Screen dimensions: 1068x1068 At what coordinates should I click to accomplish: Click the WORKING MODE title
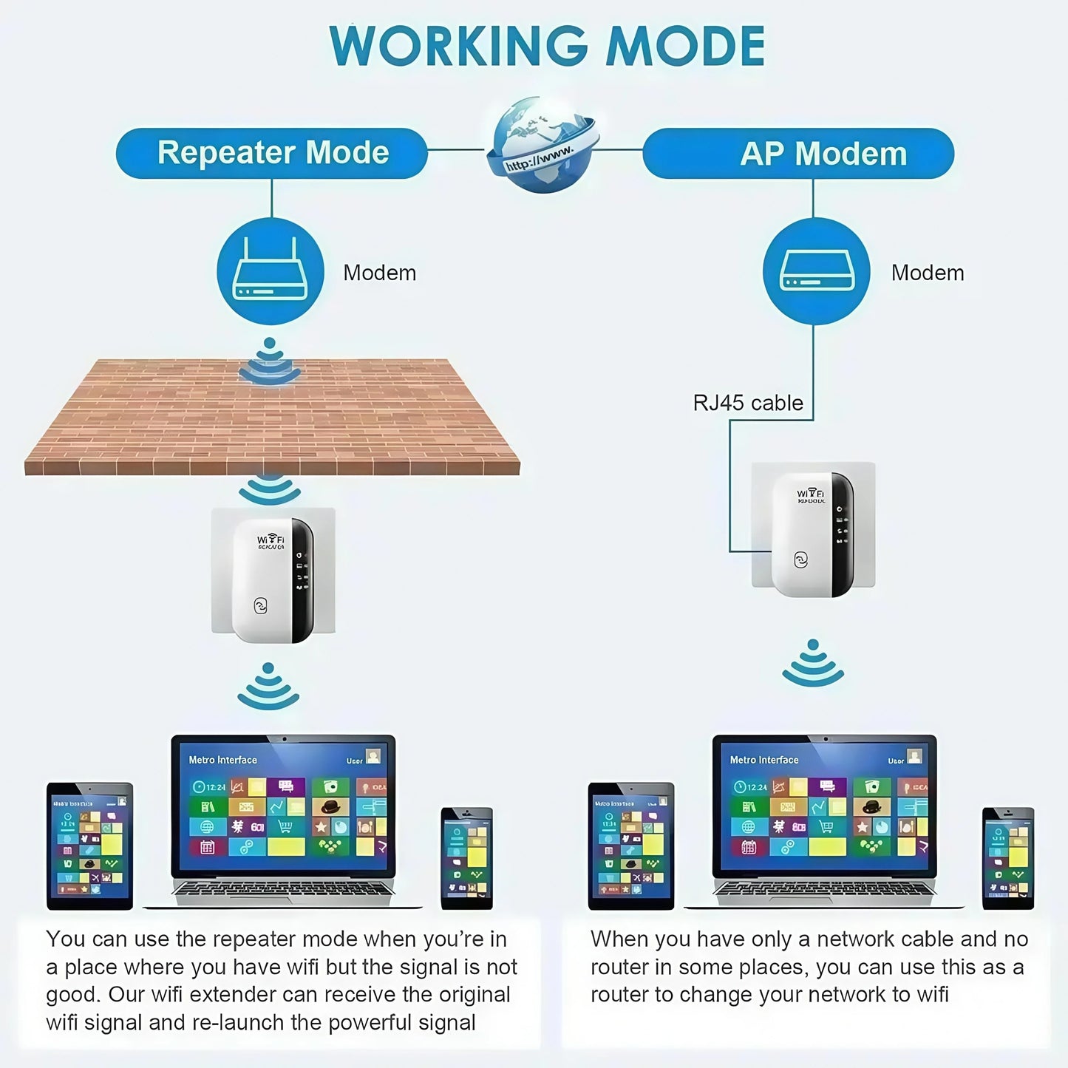(x=547, y=47)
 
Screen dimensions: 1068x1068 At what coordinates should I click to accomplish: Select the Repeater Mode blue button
(x=272, y=153)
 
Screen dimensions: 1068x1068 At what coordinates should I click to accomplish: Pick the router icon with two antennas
(x=271, y=271)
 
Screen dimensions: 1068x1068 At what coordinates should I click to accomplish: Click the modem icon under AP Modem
(x=816, y=271)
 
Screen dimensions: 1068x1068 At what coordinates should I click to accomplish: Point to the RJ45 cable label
(x=747, y=403)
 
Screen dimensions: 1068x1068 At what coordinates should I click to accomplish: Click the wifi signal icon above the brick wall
(x=270, y=361)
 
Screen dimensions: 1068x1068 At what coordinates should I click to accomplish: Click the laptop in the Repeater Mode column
(x=283, y=820)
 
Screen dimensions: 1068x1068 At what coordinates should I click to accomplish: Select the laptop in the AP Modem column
(x=824, y=820)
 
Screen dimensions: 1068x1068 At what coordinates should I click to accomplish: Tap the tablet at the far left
(x=89, y=846)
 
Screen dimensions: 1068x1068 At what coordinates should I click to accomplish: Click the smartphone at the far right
(x=1008, y=857)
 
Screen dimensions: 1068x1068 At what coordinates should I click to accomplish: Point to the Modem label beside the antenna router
(x=379, y=273)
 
